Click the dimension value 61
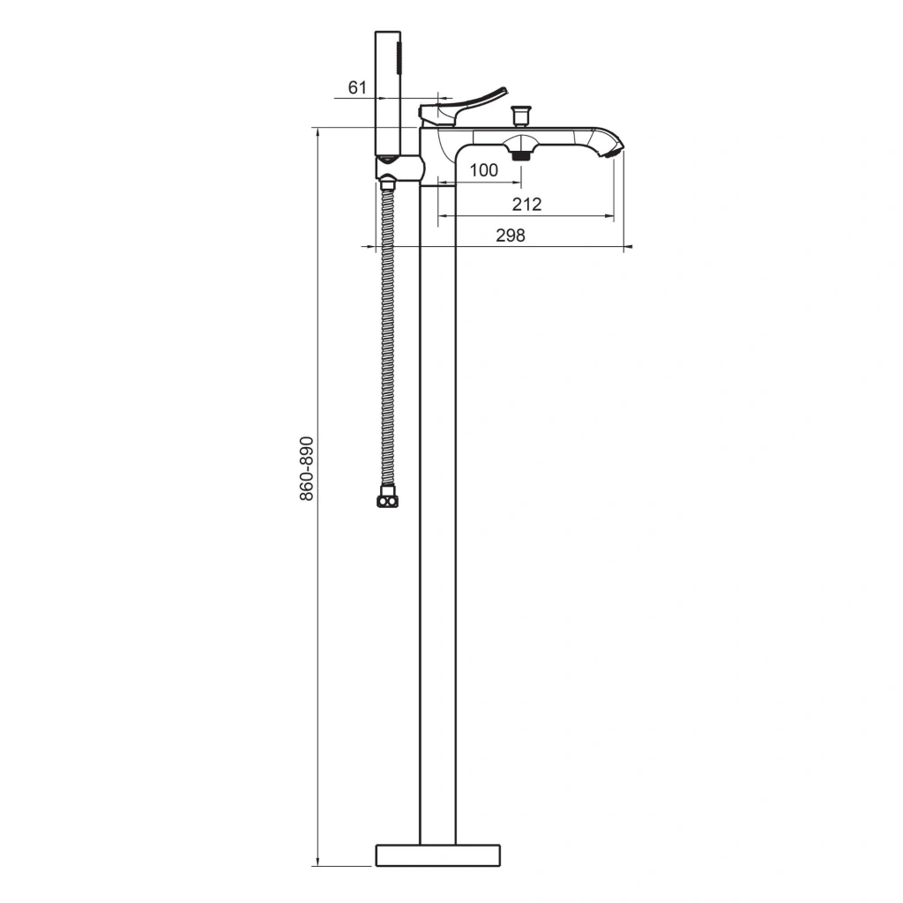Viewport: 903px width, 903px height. pyautogui.click(x=357, y=87)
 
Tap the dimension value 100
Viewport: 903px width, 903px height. pyautogui.click(x=484, y=170)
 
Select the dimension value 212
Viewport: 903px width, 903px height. pyautogui.click(x=527, y=204)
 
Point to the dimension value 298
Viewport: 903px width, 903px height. pyautogui.click(x=511, y=235)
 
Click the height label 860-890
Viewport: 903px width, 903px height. pyautogui.click(x=307, y=468)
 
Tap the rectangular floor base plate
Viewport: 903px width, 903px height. pyautogui.click(x=437, y=855)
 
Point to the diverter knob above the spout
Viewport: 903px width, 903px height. pyautogui.click(x=522, y=116)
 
